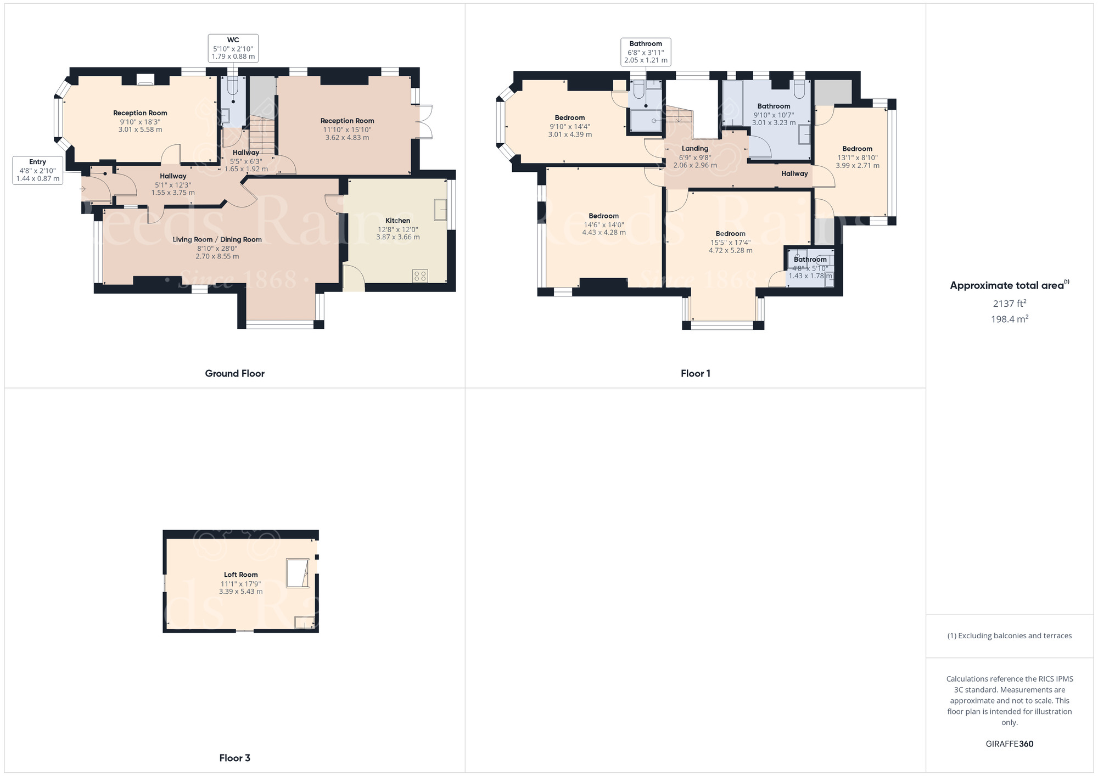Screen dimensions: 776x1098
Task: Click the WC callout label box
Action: pyautogui.click(x=233, y=48)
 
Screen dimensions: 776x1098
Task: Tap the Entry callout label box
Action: pyautogui.click(x=38, y=170)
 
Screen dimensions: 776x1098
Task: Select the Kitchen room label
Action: pyautogui.click(x=397, y=221)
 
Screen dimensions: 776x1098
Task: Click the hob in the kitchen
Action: pyautogui.click(x=420, y=275)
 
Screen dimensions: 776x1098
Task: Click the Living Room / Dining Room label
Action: pyautogui.click(x=217, y=240)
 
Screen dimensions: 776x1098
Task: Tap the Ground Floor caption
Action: pyautogui.click(x=234, y=374)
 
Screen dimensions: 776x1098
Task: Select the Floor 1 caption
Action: pyautogui.click(x=695, y=374)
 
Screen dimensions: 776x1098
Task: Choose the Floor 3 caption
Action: pyautogui.click(x=234, y=758)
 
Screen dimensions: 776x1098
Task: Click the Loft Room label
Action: pyautogui.click(x=240, y=575)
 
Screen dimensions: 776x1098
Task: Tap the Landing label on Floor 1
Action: pyautogui.click(x=695, y=149)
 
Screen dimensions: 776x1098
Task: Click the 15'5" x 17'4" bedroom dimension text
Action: pyautogui.click(x=730, y=243)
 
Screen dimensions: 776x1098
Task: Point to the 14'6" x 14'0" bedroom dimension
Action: pyautogui.click(x=604, y=225)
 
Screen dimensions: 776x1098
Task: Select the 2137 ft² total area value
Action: pyautogui.click(x=1009, y=303)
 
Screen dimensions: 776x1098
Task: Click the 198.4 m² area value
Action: pyautogui.click(x=1009, y=319)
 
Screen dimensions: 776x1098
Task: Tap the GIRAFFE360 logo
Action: pyautogui.click(x=1009, y=744)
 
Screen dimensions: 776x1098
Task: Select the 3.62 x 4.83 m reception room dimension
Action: pyautogui.click(x=347, y=138)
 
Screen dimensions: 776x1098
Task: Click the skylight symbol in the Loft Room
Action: pyautogui.click(x=297, y=573)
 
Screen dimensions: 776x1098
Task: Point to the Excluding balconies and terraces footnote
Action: pyautogui.click(x=1009, y=636)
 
